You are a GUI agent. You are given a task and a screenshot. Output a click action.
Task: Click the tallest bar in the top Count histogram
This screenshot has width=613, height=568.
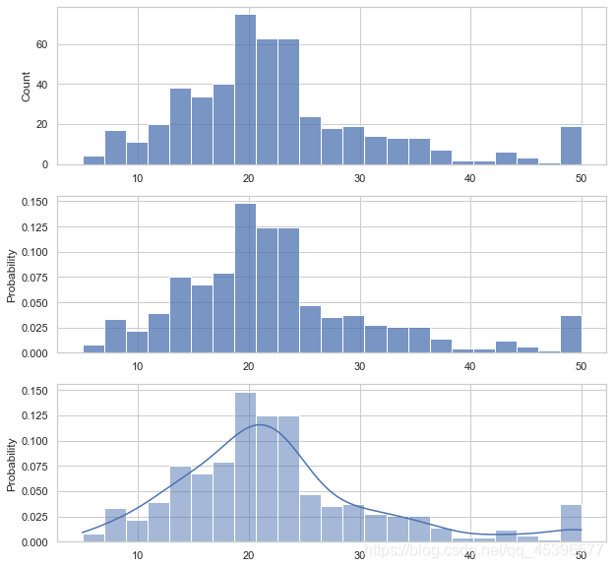tap(245, 90)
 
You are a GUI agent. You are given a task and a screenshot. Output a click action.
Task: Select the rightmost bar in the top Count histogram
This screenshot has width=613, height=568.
tap(571, 146)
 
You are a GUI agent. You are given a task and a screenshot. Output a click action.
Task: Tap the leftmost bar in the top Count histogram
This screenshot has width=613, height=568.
tap(93, 160)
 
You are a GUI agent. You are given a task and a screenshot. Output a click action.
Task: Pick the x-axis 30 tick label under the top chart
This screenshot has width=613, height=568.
tap(360, 178)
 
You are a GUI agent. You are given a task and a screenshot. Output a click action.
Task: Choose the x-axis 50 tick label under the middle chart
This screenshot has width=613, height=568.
tap(582, 367)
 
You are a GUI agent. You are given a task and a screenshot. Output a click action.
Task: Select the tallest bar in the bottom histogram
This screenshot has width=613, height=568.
tap(245, 468)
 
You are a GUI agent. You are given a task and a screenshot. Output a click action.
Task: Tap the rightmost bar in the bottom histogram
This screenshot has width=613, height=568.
tap(571, 524)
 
